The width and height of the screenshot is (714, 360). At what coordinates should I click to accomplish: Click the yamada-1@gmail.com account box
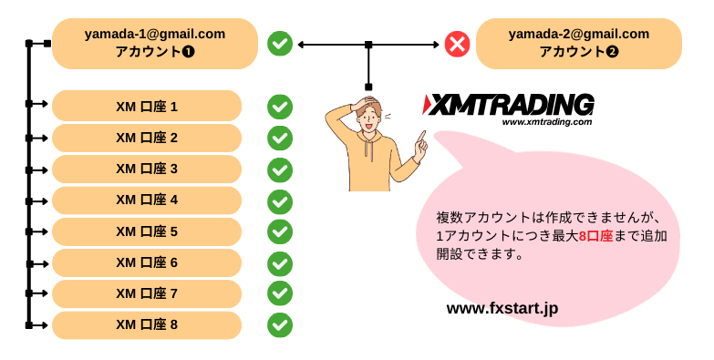(154, 43)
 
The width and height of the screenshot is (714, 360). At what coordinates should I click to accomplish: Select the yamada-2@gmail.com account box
(578, 43)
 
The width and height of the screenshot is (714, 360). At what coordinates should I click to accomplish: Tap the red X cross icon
(457, 43)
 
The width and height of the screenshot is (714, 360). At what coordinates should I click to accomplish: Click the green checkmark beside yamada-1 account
(280, 43)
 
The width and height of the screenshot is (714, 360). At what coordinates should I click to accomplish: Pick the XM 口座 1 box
(147, 106)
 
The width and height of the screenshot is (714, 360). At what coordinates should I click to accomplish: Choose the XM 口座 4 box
(147, 200)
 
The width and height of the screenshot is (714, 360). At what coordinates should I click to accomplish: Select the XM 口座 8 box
(147, 324)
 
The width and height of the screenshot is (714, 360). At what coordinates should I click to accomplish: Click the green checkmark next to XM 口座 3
(280, 170)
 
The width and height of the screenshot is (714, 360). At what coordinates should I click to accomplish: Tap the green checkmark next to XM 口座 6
(280, 262)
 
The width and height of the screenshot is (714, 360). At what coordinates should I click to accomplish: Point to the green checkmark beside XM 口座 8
(280, 324)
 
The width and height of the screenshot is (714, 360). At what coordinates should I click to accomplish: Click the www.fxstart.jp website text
(502, 309)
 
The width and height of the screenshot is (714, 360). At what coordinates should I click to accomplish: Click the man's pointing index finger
(421, 137)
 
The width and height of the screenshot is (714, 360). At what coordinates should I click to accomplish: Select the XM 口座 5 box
(147, 231)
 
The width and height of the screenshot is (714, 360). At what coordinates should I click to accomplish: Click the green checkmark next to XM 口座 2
(280, 138)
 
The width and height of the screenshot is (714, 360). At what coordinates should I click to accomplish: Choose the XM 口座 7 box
(147, 293)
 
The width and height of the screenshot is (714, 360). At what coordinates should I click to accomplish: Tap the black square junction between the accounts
(368, 44)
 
